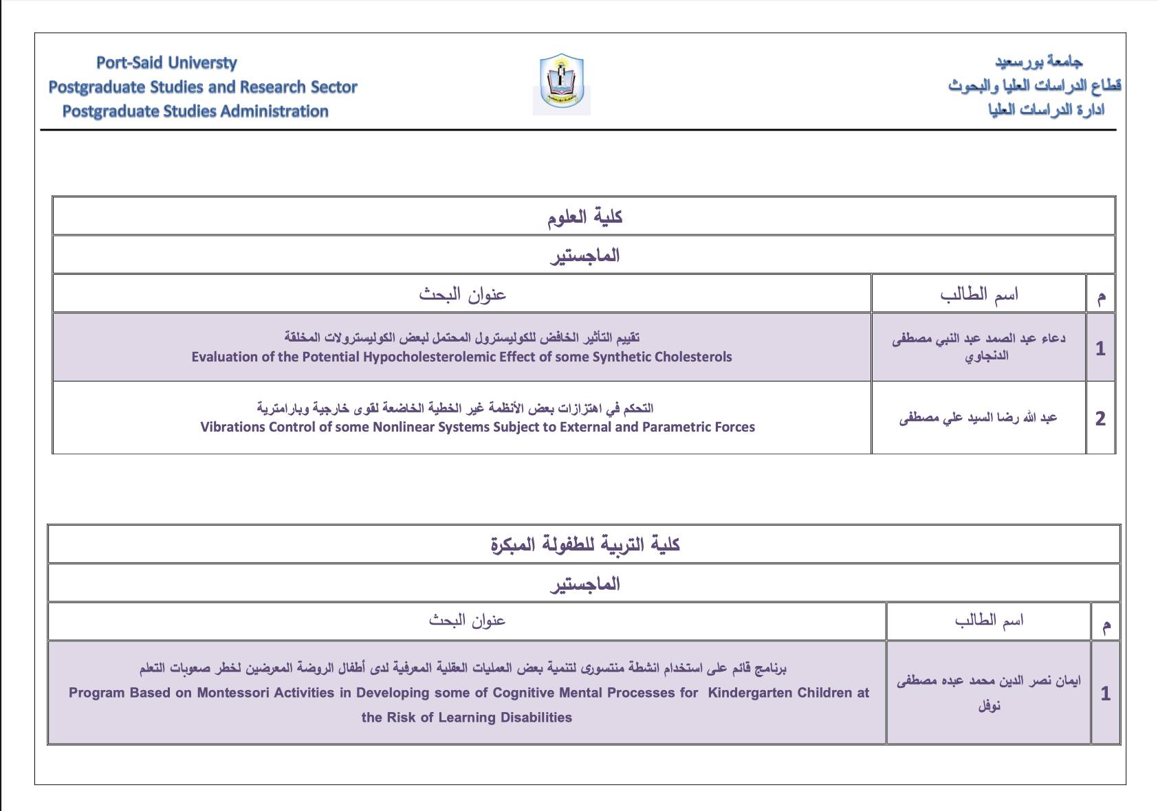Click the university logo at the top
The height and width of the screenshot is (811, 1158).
pos(561,83)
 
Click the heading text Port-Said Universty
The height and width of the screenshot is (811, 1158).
pos(166,63)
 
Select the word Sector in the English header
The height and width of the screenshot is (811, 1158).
pos(333,87)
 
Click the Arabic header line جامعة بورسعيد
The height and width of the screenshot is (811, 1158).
pos(1038,62)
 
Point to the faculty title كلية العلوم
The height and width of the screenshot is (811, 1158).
pos(585,217)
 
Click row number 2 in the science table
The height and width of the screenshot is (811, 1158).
pos(1100,419)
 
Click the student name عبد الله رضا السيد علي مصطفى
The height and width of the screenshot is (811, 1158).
pos(978,418)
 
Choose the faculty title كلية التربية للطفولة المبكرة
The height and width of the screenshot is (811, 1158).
pos(585,545)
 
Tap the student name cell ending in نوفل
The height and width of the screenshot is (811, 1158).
pos(989,693)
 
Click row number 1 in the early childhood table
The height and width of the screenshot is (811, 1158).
pos(1105,693)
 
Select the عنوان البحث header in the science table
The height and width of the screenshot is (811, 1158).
pos(462,294)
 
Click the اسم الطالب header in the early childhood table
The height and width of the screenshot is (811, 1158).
pos(989,621)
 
